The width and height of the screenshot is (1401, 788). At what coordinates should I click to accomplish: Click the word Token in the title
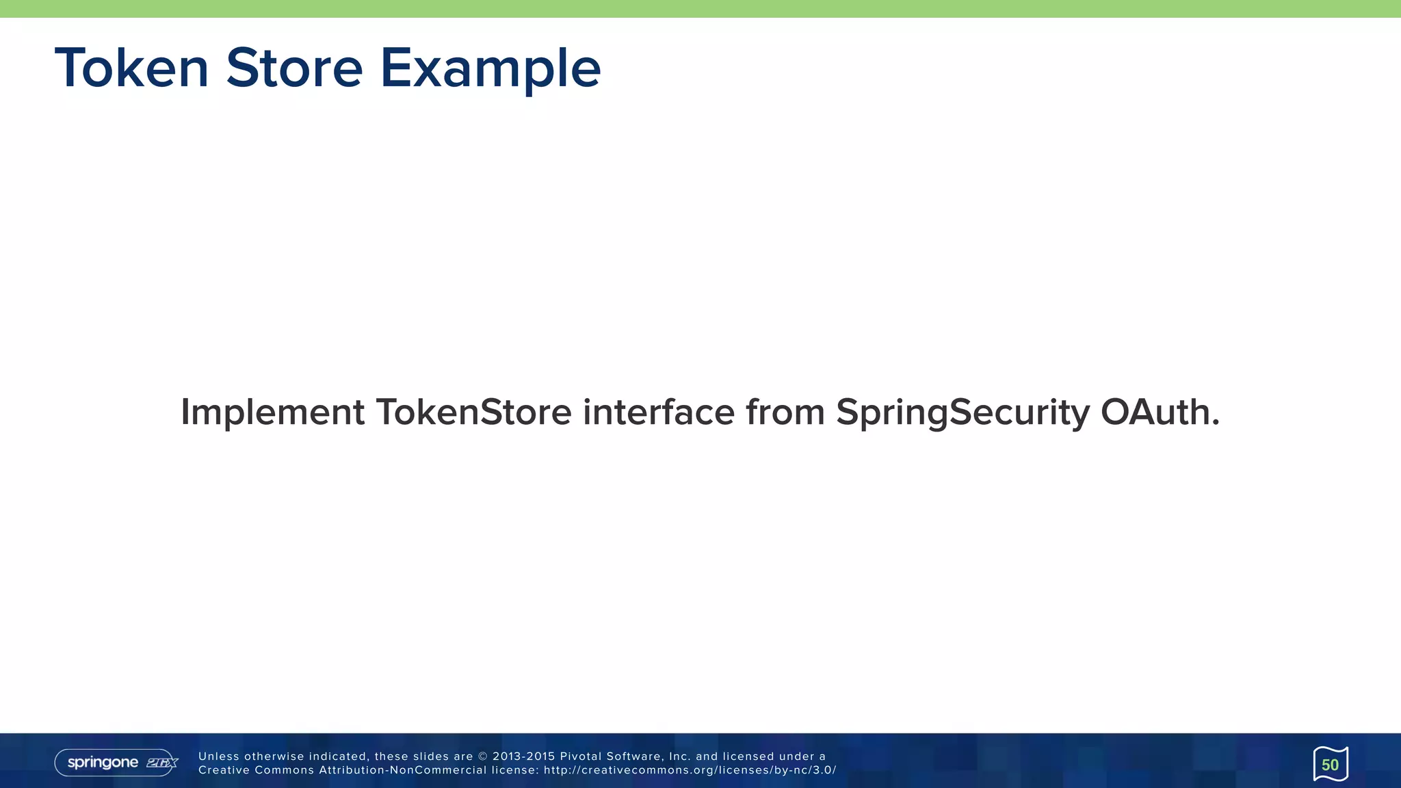[131, 68]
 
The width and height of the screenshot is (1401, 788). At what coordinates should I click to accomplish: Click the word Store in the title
[294, 68]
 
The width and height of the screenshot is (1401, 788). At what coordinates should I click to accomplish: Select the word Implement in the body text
[272, 412]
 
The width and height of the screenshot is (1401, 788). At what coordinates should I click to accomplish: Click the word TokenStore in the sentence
[473, 412]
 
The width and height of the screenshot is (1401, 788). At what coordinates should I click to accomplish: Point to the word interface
[658, 412]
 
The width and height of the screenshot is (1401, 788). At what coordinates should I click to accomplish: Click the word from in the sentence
[785, 412]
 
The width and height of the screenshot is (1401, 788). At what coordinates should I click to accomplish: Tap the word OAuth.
[1160, 412]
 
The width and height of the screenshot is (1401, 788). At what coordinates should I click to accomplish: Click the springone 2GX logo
[116, 763]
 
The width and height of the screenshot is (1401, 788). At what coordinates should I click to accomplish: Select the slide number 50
[1330, 765]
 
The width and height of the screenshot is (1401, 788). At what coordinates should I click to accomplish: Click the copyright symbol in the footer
[483, 757]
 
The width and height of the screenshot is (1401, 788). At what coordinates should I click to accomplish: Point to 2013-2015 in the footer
[523, 757]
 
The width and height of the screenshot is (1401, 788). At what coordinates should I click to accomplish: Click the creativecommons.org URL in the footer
[690, 770]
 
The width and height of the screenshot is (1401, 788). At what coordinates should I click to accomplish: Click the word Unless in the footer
[218, 757]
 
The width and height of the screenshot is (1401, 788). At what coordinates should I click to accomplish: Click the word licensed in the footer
[748, 757]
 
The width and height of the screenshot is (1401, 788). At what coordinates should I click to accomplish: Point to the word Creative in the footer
[224, 770]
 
